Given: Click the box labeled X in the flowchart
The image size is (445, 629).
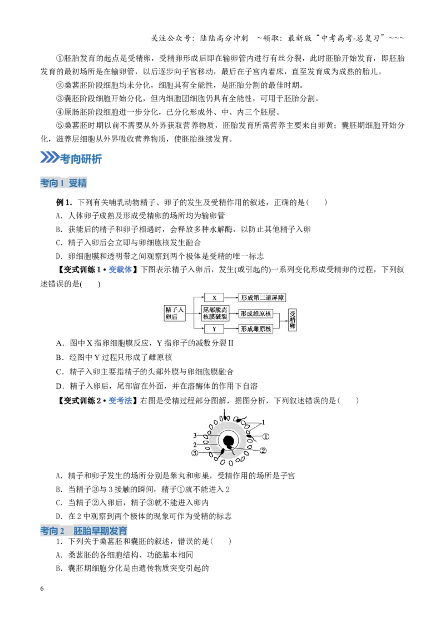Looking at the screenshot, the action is point(214,298).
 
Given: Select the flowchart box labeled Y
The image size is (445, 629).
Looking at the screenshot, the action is point(214,329).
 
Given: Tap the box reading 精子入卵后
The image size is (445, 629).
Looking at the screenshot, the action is point(175,313).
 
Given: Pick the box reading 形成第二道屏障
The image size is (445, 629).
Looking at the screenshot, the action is point(262,298).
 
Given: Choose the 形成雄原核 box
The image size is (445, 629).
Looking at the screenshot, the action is point(256,314).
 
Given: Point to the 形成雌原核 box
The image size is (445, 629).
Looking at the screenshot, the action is point(256,329).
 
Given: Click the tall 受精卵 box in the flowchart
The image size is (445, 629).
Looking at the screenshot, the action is point(293,320).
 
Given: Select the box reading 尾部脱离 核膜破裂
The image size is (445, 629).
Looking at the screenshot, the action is point(215,313).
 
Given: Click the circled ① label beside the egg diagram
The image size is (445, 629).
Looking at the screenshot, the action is point(265,436).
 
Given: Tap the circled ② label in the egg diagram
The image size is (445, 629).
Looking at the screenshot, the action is point(263,451).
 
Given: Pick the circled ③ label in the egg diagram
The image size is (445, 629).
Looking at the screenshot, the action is point(195,453).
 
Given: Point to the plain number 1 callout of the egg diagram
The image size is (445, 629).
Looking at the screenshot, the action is point(264,422).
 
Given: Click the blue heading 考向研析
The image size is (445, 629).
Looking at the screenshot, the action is point(81,159).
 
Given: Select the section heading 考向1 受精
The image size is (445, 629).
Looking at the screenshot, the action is point(63,183).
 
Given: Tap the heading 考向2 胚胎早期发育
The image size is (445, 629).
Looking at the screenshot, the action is point(84,531).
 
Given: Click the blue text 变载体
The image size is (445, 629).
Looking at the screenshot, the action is point(120,269).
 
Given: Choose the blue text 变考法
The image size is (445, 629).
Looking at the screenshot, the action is point(120,400).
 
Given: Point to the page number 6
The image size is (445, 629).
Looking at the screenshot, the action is point(42,588).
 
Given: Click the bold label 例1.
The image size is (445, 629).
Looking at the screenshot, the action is point(63,202).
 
